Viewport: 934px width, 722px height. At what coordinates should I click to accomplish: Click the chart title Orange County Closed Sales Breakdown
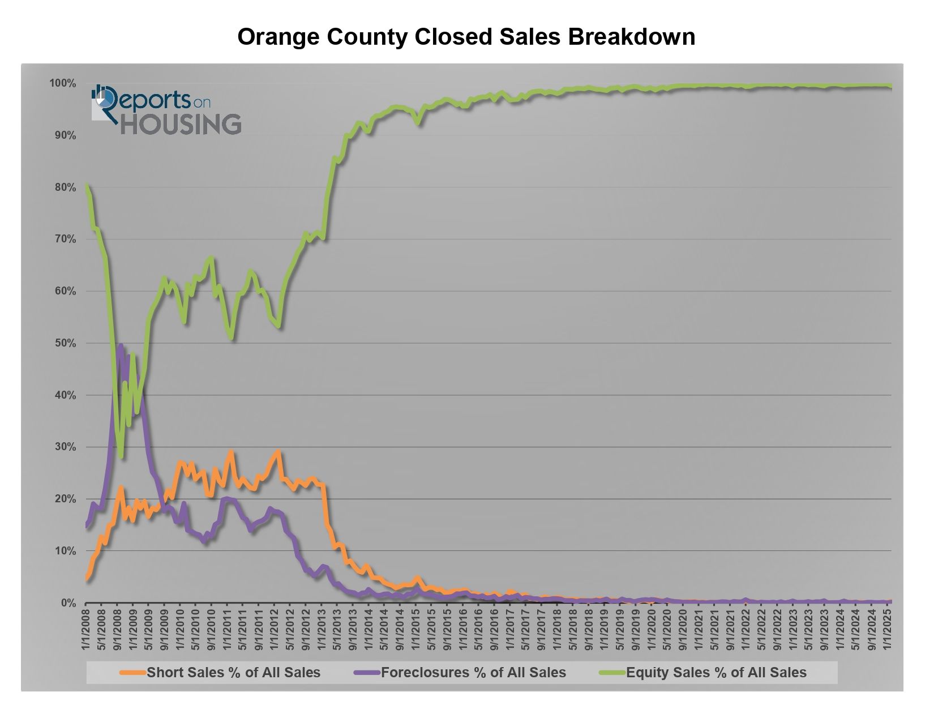click(466, 37)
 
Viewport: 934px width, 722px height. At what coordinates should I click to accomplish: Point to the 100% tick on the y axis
click(62, 84)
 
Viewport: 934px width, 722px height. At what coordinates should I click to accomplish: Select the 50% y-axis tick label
click(65, 343)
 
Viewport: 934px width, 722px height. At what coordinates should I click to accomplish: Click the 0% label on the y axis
click(68, 603)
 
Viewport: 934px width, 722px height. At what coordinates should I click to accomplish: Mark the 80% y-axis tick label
click(65, 187)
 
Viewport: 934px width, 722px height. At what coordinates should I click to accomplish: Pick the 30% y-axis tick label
click(65, 447)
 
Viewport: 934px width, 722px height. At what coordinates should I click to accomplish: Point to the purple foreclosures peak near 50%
click(120, 345)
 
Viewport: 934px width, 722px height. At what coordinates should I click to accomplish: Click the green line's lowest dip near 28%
click(121, 456)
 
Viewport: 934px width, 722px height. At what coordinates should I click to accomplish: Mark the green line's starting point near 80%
click(86, 185)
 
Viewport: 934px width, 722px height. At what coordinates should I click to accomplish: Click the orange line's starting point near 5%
click(86, 578)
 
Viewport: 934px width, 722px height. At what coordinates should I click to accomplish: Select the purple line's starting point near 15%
click(86, 526)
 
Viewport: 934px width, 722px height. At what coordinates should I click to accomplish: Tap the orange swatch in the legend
click(133, 673)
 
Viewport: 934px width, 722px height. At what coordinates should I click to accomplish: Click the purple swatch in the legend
click(367, 673)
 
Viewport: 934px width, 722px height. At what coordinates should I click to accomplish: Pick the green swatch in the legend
click(612, 673)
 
